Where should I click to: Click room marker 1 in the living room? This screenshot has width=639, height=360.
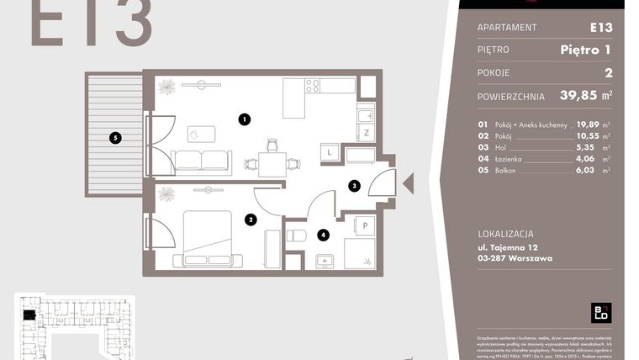tap(244, 119)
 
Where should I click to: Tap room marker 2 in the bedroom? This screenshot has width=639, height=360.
tap(251, 220)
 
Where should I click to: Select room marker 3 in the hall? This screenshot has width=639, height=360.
tap(355, 186)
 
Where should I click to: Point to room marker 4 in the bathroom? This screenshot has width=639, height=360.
tap(323, 236)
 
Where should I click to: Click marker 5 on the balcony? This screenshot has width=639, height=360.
tap(115, 137)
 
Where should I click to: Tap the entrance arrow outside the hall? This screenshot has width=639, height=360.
tap(409, 183)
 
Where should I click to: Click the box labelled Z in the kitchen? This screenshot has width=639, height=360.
tap(366, 133)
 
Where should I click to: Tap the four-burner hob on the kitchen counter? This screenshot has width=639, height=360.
tap(312, 85)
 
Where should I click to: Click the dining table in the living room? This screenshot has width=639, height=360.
tap(272, 163)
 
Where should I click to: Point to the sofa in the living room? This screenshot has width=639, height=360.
tap(202, 161)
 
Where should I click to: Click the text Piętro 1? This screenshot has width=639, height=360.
tap(585, 50)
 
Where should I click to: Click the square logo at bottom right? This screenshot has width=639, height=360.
tap(600, 313)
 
